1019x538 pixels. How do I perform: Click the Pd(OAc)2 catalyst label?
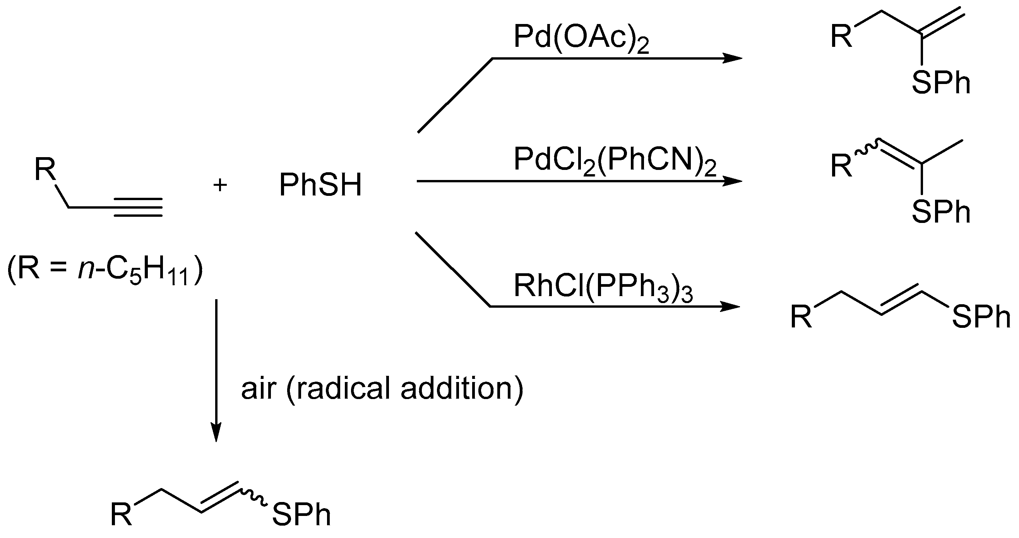[x=581, y=38]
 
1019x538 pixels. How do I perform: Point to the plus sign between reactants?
[x=220, y=185]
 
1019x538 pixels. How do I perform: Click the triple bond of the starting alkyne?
[x=138, y=207]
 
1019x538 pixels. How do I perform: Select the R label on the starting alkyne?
[x=45, y=169]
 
